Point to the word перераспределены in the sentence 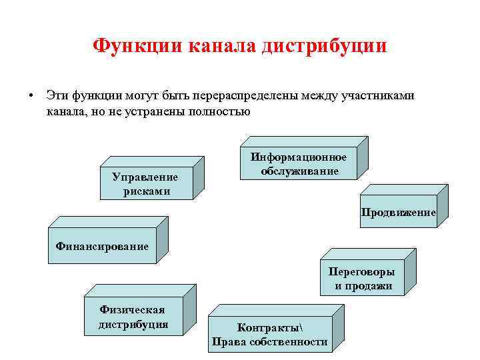click(x=248, y=96)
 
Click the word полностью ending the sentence click(x=218, y=111)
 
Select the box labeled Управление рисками click(x=145, y=183)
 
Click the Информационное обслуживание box click(x=299, y=165)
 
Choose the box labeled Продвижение click(x=398, y=213)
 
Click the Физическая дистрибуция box click(x=133, y=317)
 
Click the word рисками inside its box click(x=146, y=191)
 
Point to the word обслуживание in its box click(x=299, y=171)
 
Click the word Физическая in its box click(x=132, y=310)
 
